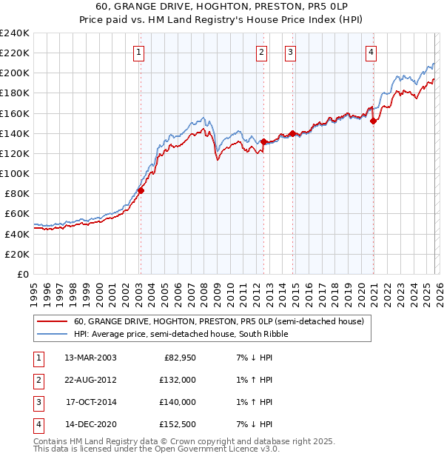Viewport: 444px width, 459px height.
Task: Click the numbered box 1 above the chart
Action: (139, 52)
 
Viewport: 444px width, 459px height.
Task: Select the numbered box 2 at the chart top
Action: (262, 52)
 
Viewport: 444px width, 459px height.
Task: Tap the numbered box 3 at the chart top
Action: (291, 52)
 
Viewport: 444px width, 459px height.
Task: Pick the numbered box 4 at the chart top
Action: (371, 52)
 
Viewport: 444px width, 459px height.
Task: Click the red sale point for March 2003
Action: (141, 190)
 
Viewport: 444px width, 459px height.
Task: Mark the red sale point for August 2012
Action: (263, 141)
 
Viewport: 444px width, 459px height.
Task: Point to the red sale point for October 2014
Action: (292, 133)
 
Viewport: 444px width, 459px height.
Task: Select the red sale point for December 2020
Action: (373, 121)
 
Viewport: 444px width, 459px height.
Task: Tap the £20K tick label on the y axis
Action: (17, 254)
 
